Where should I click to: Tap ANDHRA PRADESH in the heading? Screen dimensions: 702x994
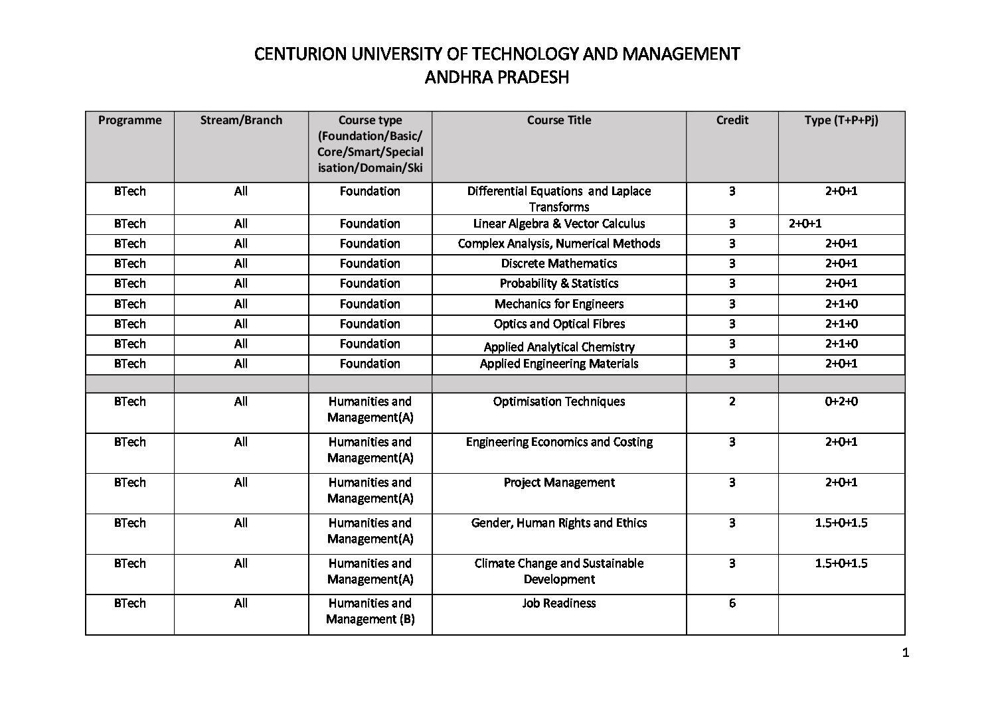click(x=497, y=78)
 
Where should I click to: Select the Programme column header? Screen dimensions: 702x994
click(x=129, y=120)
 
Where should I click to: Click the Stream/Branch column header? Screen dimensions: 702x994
click(x=241, y=120)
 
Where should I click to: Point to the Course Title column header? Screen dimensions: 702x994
click(x=558, y=120)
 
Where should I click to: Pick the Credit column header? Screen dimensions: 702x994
click(x=732, y=120)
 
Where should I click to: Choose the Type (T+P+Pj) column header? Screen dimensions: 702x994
click(x=841, y=120)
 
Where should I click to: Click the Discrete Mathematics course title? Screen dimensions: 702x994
click(x=558, y=263)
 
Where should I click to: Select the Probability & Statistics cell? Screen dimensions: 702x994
click(x=558, y=283)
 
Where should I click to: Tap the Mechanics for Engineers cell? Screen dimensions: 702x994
click(x=558, y=304)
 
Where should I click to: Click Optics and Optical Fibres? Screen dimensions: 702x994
click(x=558, y=324)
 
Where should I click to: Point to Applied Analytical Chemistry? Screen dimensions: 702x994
click(x=558, y=347)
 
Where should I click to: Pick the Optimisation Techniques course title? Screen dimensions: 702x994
click(x=558, y=401)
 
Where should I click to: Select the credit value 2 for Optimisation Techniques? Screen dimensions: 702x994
click(x=732, y=401)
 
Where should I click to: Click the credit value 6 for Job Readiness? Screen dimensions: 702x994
click(x=732, y=603)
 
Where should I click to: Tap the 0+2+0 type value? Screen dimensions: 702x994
click(x=841, y=401)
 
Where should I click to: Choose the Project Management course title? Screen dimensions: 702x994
click(x=558, y=482)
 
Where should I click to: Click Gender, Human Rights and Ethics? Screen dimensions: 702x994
click(x=558, y=523)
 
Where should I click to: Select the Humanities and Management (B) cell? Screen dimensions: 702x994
click(x=370, y=611)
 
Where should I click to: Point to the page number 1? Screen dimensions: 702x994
click(x=906, y=653)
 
